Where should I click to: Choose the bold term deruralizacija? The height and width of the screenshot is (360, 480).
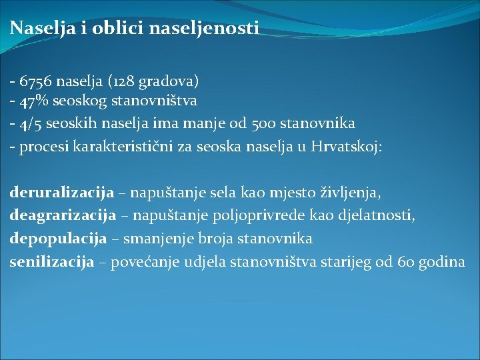tap(62, 193)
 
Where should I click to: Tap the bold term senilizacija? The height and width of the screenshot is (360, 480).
tap(51, 261)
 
